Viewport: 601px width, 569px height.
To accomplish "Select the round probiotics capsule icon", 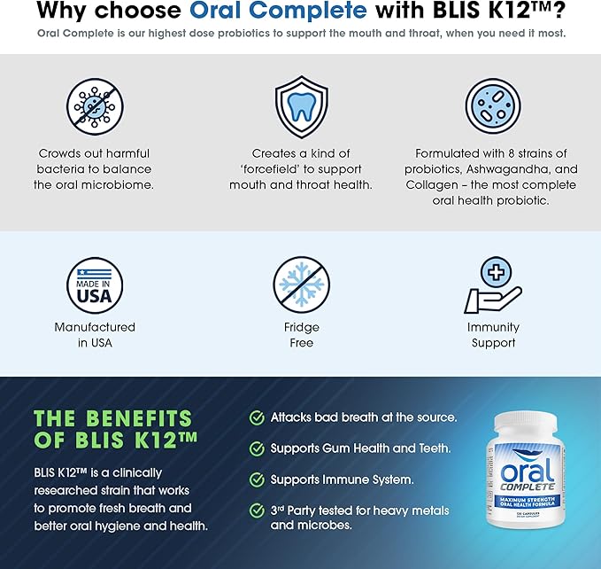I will pyautogui.click(x=493, y=105).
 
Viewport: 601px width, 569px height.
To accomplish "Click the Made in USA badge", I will pyautogui.click(x=95, y=286).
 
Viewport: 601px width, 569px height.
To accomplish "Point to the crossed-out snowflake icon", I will pyautogui.click(x=301, y=285).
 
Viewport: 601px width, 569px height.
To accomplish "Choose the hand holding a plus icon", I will pyautogui.click(x=493, y=286).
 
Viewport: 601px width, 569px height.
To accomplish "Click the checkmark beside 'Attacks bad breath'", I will pyautogui.click(x=257, y=417).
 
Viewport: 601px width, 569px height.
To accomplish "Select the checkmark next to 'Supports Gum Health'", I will pyautogui.click(x=257, y=448).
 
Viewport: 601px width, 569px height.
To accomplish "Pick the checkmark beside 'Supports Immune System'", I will pyautogui.click(x=257, y=479).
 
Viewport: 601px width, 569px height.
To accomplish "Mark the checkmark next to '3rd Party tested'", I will pyautogui.click(x=257, y=511).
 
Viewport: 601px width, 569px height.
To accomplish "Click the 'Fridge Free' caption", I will pyautogui.click(x=301, y=335).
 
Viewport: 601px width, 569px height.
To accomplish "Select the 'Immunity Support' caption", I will pyautogui.click(x=493, y=335).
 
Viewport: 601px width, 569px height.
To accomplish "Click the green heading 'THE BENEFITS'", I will pyautogui.click(x=112, y=418).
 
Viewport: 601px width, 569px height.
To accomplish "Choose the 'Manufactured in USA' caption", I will pyautogui.click(x=95, y=335).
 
